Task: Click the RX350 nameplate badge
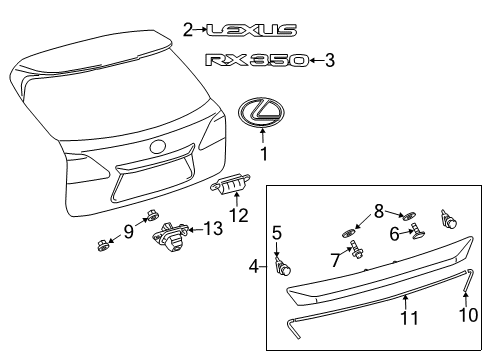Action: pos(255,61)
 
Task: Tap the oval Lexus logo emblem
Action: pos(263,112)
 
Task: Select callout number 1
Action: pos(264,155)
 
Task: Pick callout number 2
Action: pos(187,31)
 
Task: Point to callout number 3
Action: pos(329,61)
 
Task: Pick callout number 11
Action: pos(405,319)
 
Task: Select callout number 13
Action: pos(211,257)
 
